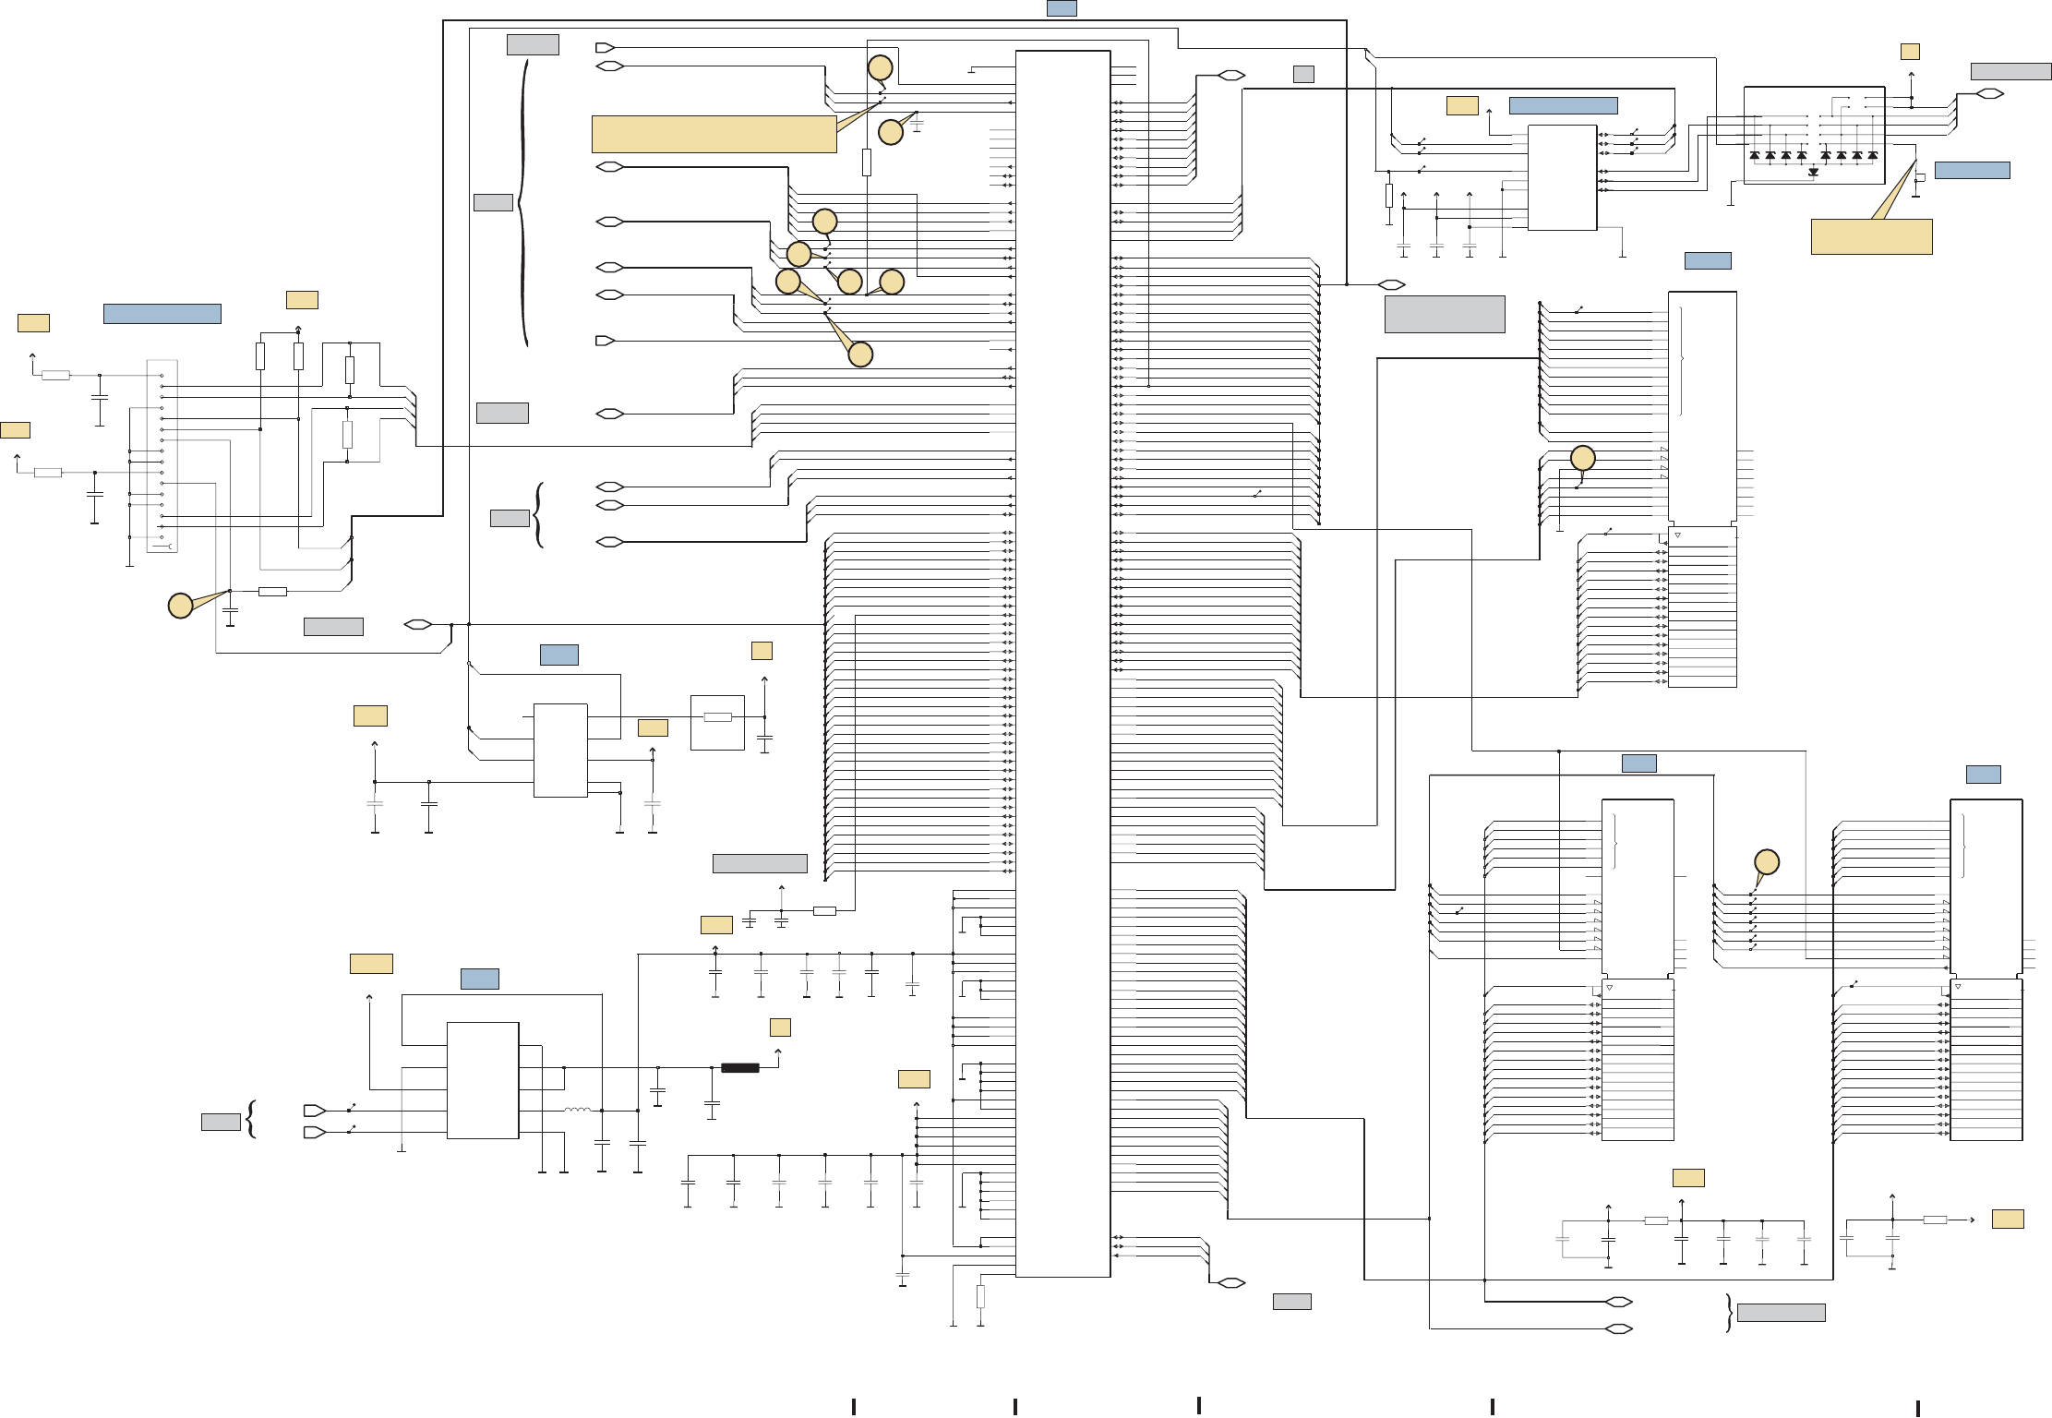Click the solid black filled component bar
point(739,1068)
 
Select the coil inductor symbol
point(578,1110)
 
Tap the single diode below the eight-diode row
point(1814,173)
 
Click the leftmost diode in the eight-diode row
point(1755,156)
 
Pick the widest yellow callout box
point(714,134)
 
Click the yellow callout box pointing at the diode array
point(1871,236)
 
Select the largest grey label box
point(1445,314)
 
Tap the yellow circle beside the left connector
point(180,606)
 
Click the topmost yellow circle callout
point(881,67)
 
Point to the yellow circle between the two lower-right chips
point(1766,862)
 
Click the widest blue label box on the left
point(162,314)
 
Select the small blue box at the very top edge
point(1061,8)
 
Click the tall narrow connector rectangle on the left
point(162,456)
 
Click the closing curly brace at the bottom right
point(1728,1313)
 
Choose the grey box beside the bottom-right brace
point(1781,1313)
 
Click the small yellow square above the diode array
point(1910,52)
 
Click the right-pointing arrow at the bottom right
point(1972,1220)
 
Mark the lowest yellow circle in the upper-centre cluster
point(860,354)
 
